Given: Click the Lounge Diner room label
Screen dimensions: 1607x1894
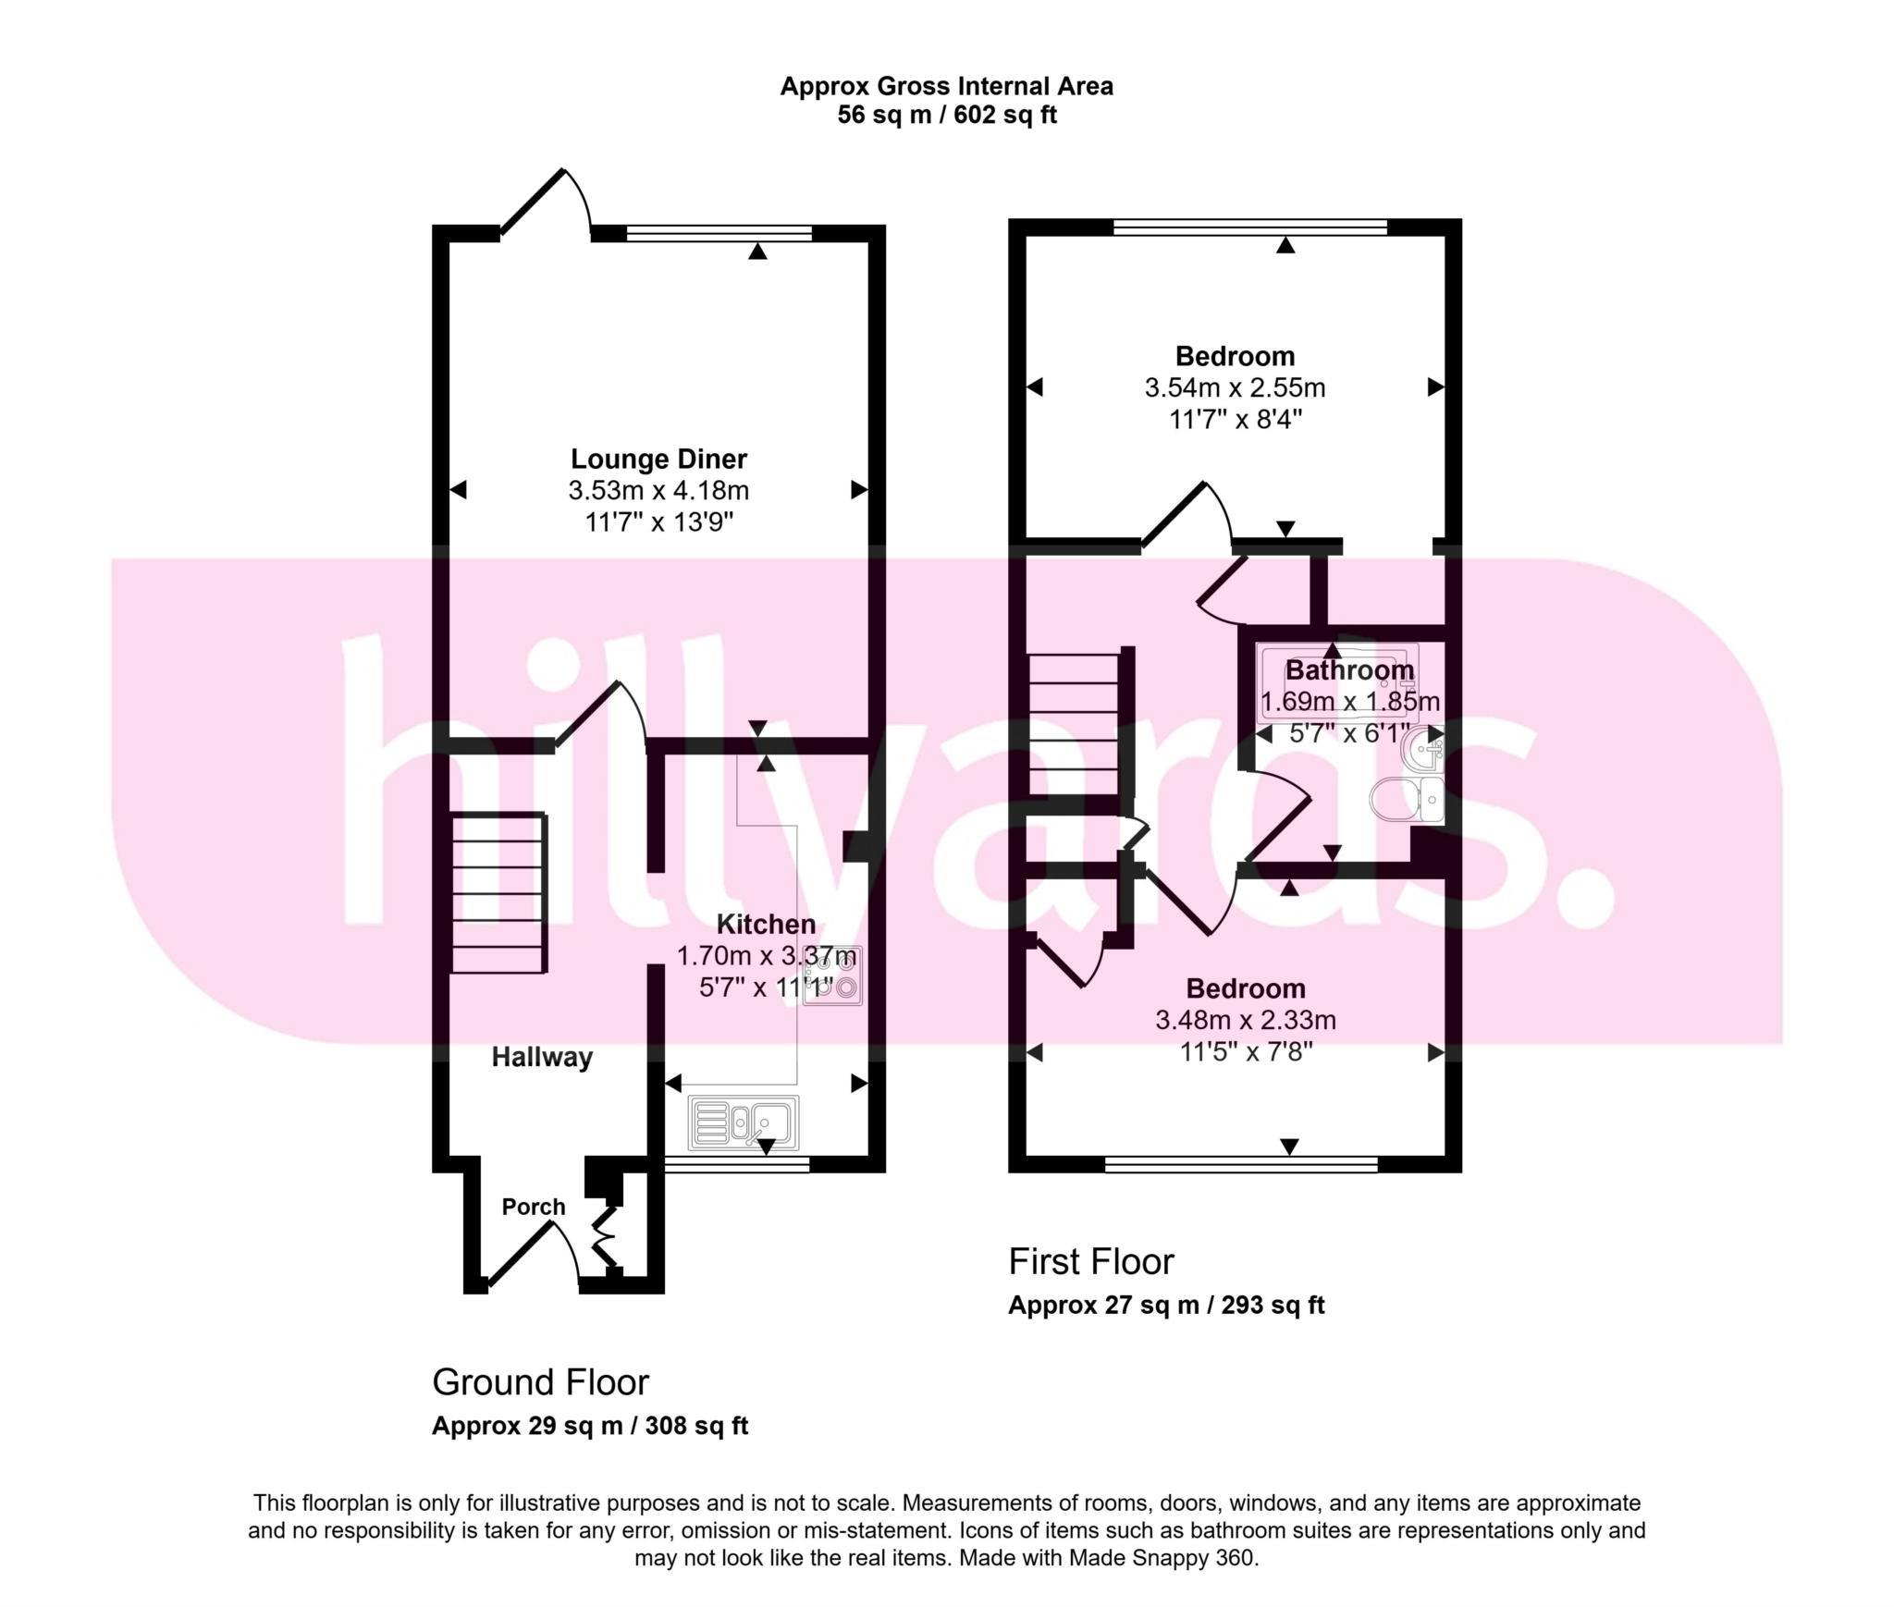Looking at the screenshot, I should [658, 459].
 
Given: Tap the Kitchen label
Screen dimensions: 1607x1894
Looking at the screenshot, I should [766, 924].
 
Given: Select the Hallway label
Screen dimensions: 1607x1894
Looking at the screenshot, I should [542, 1057].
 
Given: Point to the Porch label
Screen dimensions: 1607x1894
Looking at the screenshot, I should [534, 1207].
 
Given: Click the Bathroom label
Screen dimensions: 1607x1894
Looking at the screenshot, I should [1349, 669].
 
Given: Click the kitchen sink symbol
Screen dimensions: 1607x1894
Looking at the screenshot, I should [743, 1122].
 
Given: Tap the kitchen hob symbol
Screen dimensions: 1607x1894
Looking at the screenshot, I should [832, 975].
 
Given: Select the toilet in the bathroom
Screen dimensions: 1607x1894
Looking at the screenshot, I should [1407, 799].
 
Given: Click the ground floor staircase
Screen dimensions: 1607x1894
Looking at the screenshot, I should [498, 893].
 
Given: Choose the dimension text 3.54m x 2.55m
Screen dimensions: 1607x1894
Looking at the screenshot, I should [1235, 387].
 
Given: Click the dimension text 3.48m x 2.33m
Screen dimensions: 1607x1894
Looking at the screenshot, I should [1245, 1020].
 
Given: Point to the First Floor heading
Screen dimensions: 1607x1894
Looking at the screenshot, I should [1090, 1261].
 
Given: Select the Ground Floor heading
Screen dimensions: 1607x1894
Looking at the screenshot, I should [540, 1381].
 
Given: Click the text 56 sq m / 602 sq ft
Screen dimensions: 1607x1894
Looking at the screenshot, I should [946, 116].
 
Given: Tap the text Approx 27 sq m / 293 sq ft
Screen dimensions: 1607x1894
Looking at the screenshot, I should [1165, 1305].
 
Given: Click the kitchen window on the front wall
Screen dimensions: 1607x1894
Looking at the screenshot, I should [737, 1165].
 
